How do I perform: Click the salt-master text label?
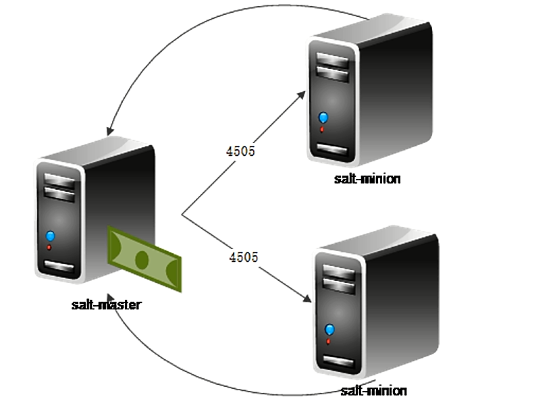tap(107, 305)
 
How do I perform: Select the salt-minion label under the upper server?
tap(367, 179)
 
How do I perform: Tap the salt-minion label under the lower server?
tap(373, 390)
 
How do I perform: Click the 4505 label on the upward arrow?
tap(240, 151)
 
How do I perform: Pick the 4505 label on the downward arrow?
tap(244, 257)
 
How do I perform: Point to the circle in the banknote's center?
tap(142, 259)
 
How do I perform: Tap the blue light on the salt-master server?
tap(49, 236)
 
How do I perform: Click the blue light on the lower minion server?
tap(329, 329)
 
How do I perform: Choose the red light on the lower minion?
tap(329, 342)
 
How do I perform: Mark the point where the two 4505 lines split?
tap(182, 215)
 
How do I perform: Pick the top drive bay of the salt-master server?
tap(59, 181)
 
